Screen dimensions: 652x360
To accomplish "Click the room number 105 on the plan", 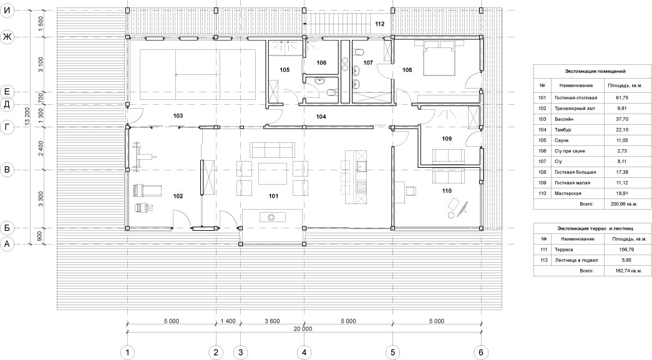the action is point(285,70).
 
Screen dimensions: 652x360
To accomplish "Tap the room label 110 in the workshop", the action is point(447,191).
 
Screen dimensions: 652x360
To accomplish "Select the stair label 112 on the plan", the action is point(379,24).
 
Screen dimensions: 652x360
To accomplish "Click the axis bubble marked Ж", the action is point(7,37).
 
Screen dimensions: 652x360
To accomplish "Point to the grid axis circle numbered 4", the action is point(304,353).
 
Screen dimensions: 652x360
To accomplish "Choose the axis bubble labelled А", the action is point(7,245).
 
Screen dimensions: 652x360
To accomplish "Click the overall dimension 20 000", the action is point(303,328).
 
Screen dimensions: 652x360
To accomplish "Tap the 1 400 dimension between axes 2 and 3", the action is point(228,321).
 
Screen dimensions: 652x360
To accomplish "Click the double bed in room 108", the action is point(439,58).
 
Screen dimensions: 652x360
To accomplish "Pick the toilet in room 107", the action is point(359,52).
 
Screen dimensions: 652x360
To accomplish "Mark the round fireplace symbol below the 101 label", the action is point(272,216).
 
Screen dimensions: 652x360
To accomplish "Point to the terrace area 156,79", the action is point(629,250).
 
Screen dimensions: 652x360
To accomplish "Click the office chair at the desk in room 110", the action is point(411,191).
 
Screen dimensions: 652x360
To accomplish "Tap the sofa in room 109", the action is point(449,156).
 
